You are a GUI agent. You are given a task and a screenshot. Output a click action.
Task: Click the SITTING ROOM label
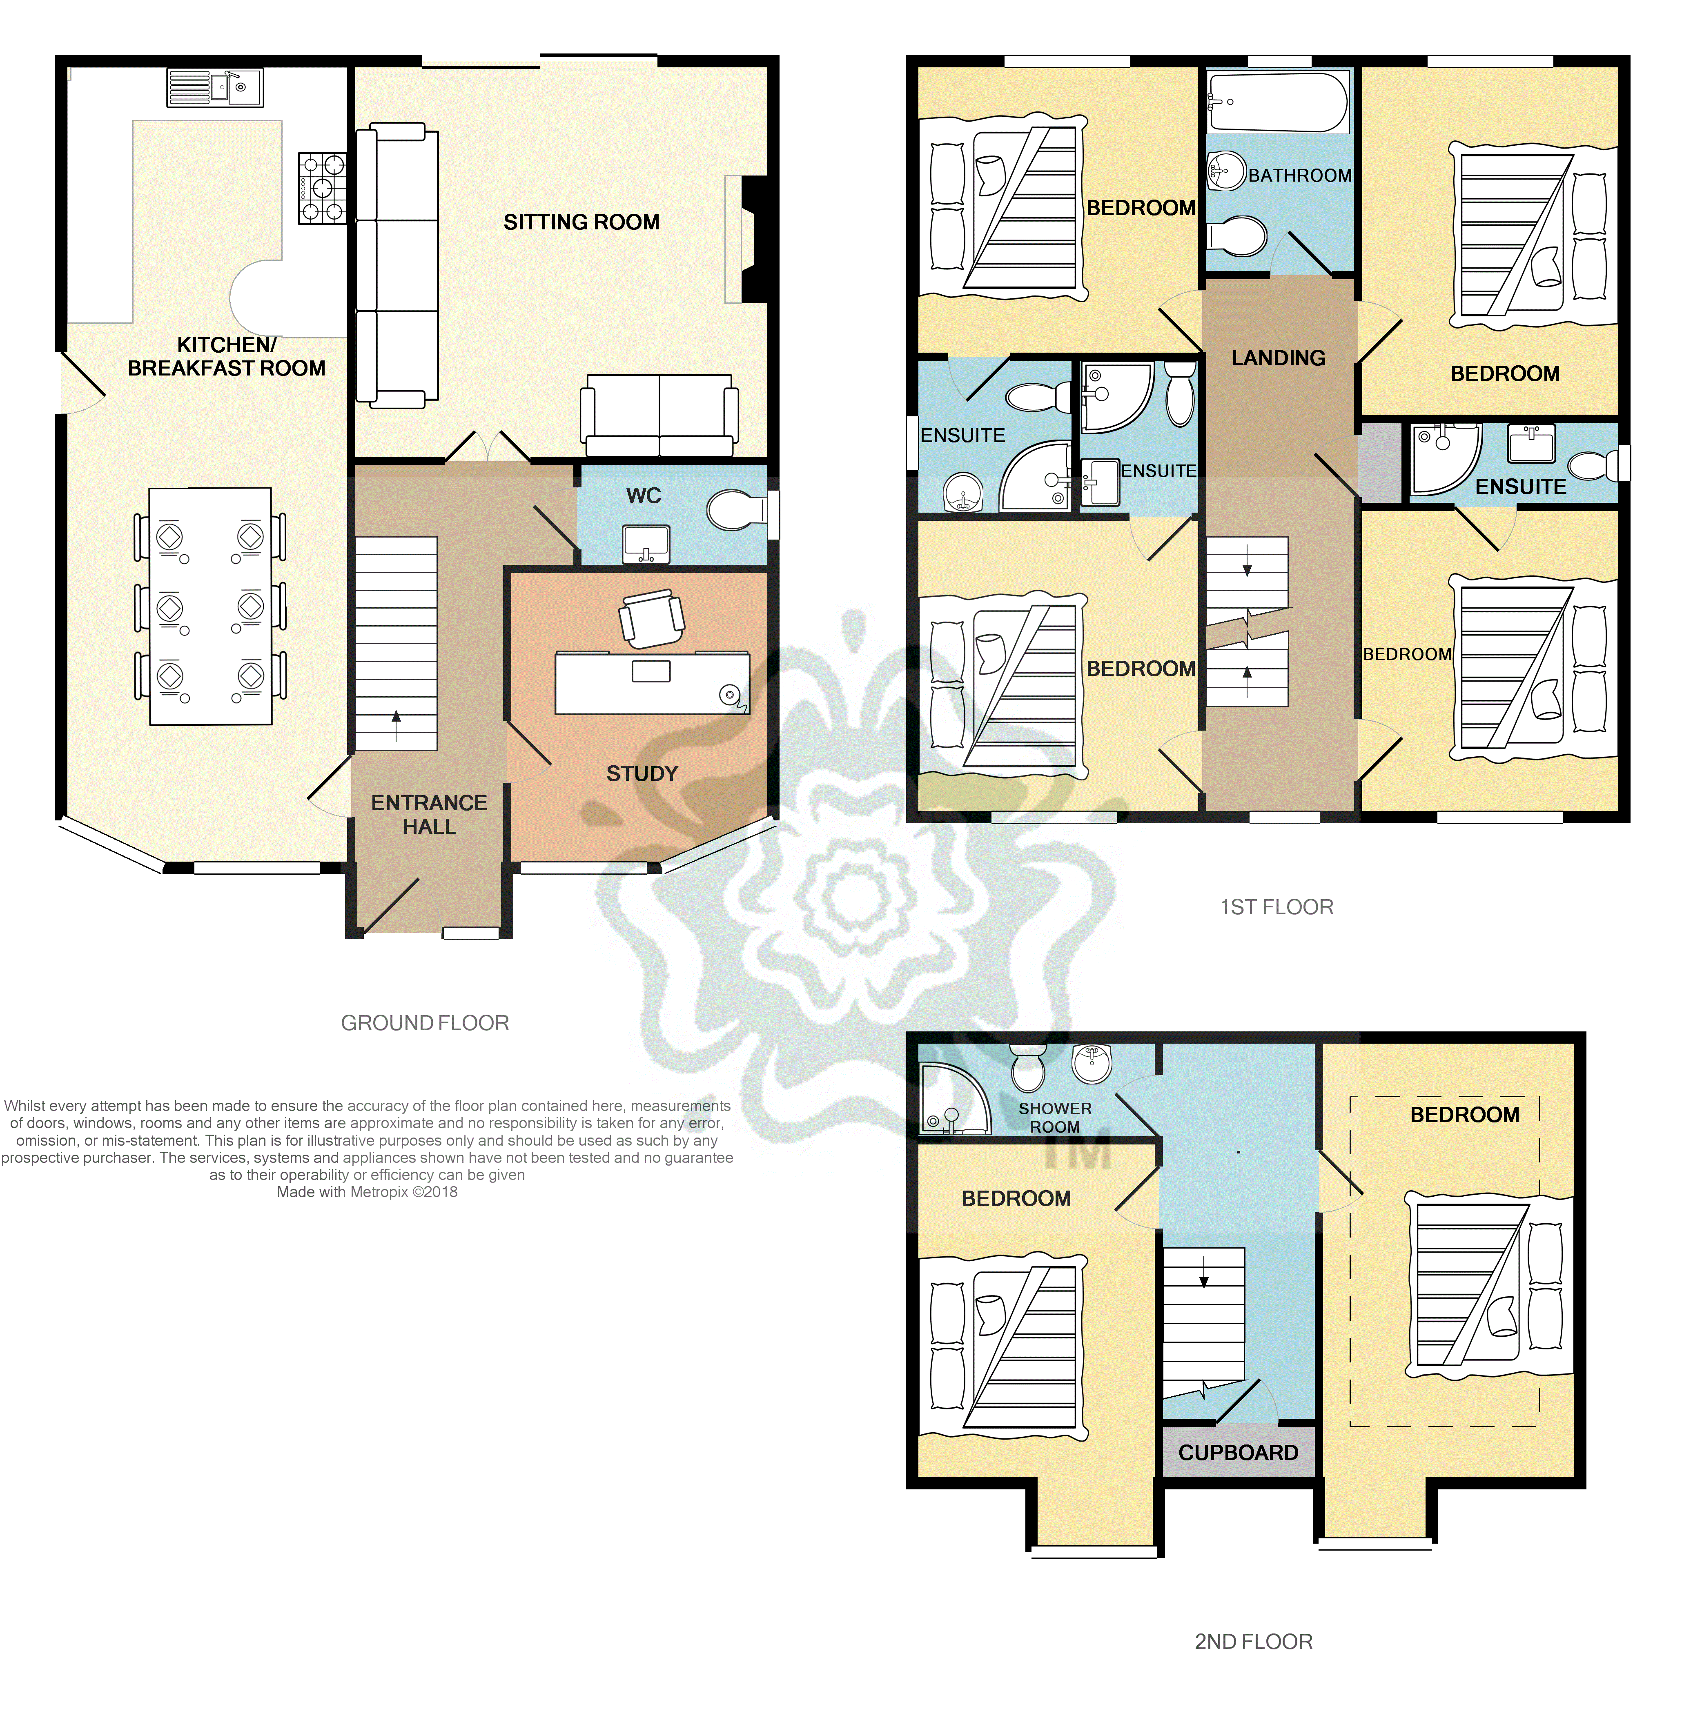581,222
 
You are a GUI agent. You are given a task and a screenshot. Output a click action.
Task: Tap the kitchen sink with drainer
215,88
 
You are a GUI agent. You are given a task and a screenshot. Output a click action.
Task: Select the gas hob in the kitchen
322,188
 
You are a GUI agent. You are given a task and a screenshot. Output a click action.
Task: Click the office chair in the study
652,618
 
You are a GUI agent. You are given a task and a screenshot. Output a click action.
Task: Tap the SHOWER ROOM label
1054,1118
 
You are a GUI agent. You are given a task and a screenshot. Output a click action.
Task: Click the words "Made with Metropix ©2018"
367,1192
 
